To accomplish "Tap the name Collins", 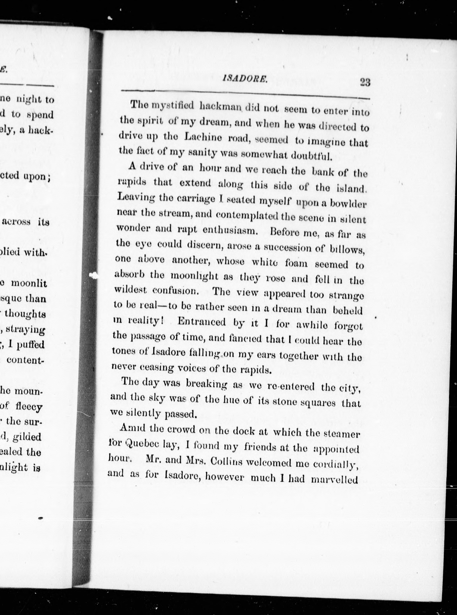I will click(x=227, y=461).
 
